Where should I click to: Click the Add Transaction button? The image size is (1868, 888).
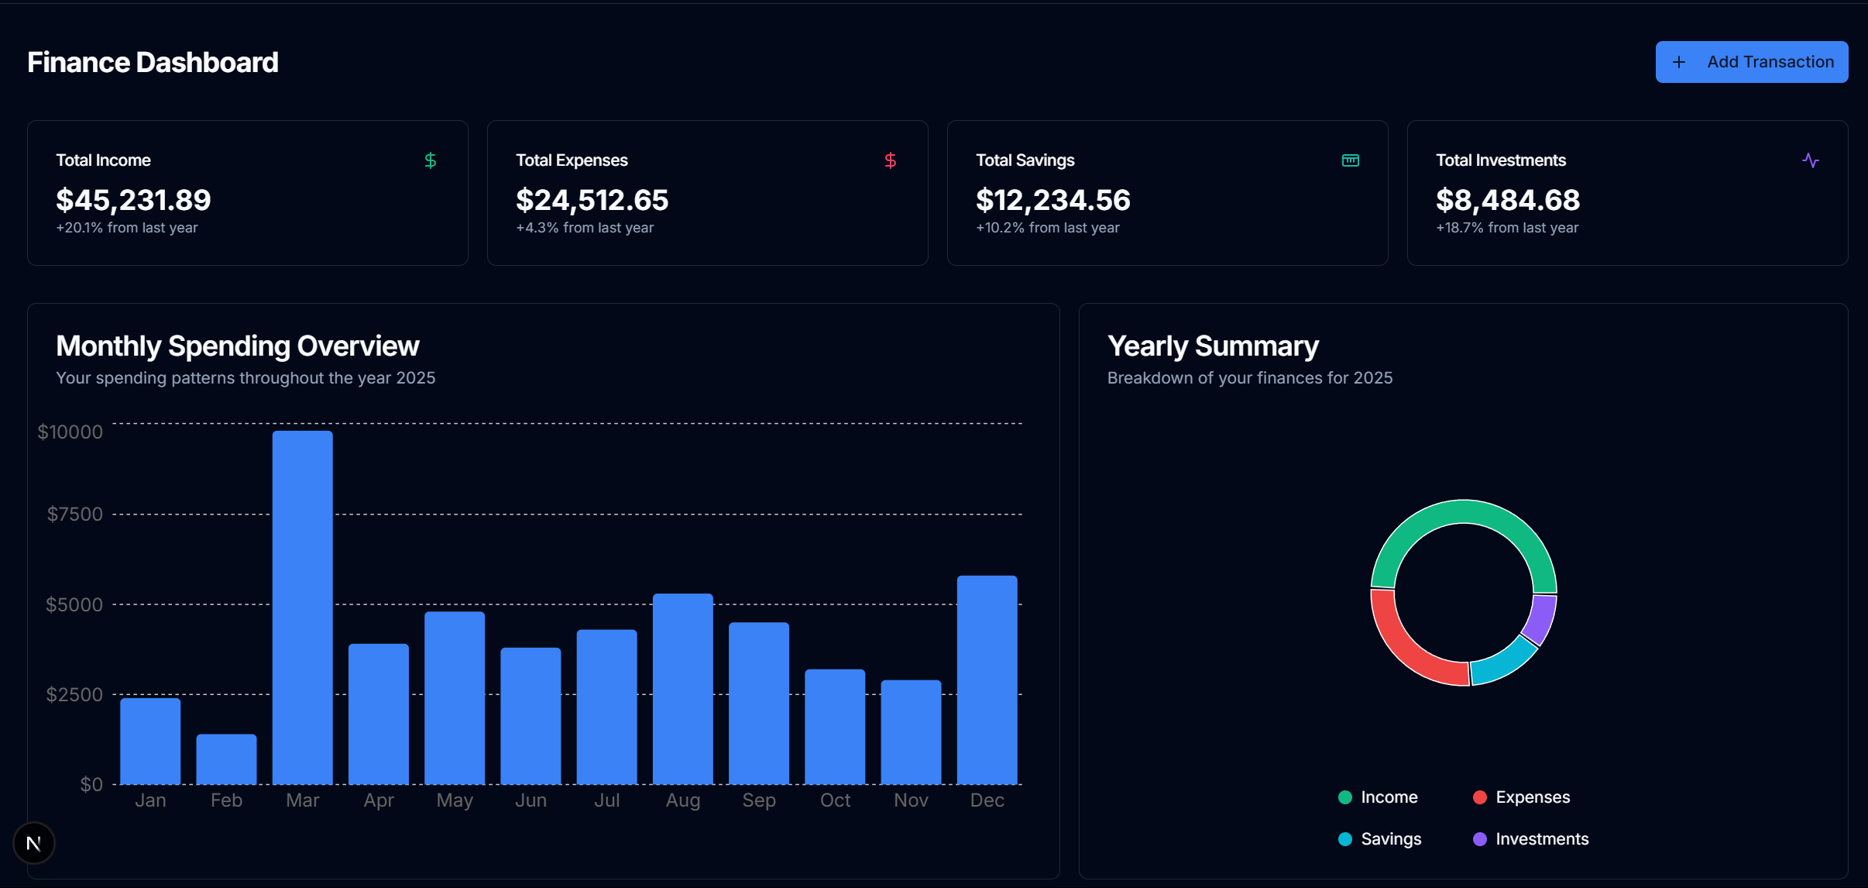tap(1751, 62)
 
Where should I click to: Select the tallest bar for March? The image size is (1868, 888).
tap(302, 607)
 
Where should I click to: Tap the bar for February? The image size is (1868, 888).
tap(226, 759)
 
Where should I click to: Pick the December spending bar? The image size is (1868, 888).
tap(987, 680)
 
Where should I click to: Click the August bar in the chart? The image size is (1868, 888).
tap(682, 689)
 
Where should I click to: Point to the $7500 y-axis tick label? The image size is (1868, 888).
tap(74, 514)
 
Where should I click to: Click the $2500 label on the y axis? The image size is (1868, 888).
tap(74, 694)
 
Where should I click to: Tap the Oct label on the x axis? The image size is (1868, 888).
tap(835, 800)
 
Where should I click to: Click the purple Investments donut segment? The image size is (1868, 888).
tap(1540, 619)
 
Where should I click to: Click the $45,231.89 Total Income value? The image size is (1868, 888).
tap(133, 200)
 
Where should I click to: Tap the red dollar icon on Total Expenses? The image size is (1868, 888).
tap(890, 160)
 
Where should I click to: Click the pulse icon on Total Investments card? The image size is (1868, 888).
tap(1810, 160)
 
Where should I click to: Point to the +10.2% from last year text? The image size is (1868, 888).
tap(1047, 228)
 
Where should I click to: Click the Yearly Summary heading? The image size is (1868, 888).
tap(1212, 346)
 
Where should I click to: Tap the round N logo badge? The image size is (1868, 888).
tap(34, 843)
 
